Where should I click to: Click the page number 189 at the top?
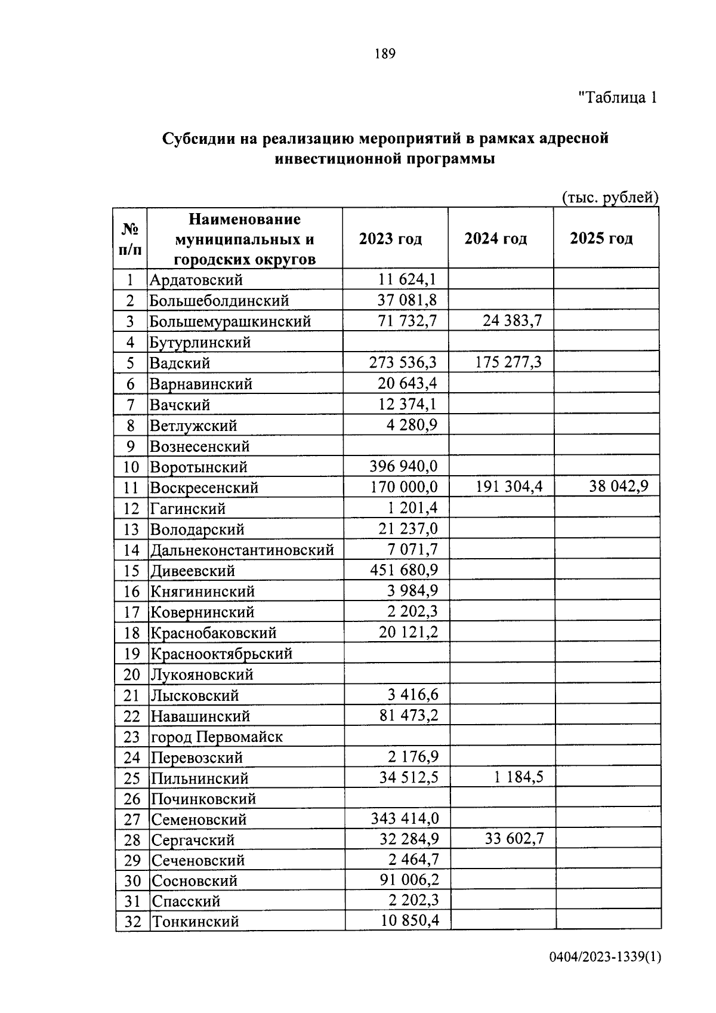click(385, 54)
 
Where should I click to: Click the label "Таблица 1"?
click(618, 97)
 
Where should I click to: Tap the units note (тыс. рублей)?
click(610, 198)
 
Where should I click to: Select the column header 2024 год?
click(496, 239)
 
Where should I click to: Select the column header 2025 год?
click(601, 239)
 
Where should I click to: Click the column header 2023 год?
click(390, 239)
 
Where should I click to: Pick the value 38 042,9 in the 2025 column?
click(619, 487)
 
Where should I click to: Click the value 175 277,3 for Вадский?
click(509, 362)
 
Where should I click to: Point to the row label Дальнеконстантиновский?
click(242, 550)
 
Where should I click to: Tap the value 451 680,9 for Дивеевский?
click(404, 570)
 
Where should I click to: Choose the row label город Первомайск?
click(216, 737)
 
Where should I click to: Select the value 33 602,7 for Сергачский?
click(514, 839)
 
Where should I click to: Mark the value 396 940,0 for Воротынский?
click(404, 466)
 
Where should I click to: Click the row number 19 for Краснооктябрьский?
click(131, 654)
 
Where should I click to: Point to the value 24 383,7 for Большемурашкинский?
click(512, 321)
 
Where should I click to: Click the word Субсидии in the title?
click(198, 138)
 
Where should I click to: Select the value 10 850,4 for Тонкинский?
click(410, 920)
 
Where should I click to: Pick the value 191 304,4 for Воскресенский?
click(509, 487)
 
